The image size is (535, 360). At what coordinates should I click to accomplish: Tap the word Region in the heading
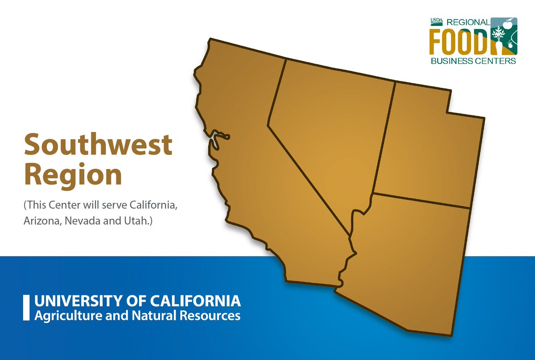72,175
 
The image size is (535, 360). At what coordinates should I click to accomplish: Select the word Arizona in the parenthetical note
39,221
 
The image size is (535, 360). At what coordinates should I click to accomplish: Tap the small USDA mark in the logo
436,21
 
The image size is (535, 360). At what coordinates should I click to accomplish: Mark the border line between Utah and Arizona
421,201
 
